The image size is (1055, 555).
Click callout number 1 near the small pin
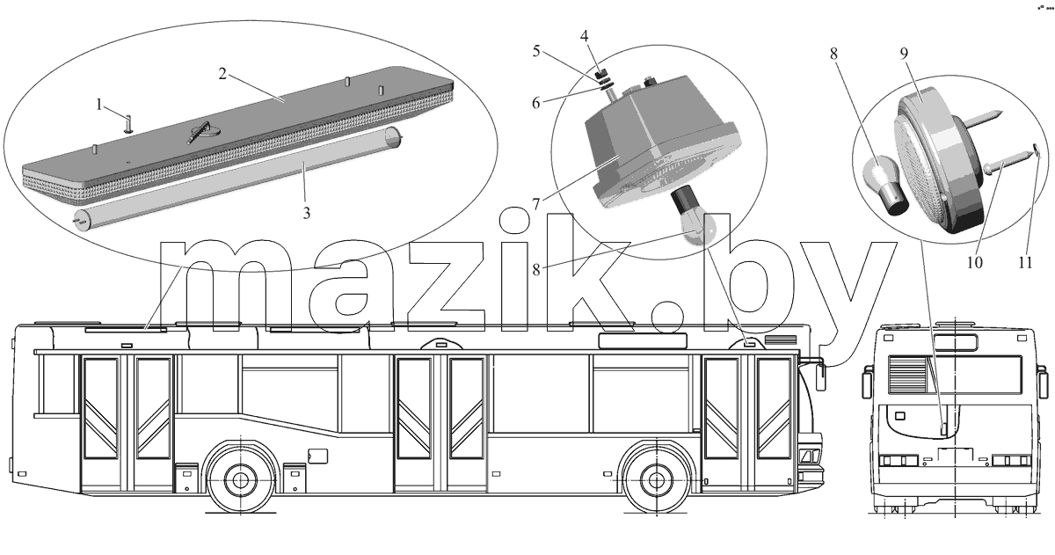(98, 104)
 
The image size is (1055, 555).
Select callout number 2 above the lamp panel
(222, 74)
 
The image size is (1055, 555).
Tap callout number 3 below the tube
(307, 214)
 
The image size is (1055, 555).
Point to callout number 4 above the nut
(584, 36)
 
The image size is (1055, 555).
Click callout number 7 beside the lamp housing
(537, 203)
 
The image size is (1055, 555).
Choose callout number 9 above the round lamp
(904, 54)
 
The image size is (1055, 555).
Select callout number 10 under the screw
(974, 262)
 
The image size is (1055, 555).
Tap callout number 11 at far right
(1026, 262)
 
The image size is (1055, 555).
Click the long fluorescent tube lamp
(238, 179)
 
